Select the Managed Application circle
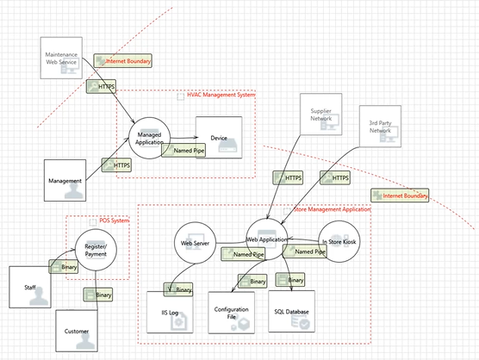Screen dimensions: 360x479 coord(149,137)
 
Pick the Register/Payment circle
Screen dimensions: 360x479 coord(96,250)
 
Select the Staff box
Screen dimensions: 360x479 coord(30,286)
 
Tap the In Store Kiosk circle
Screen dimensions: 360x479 coord(338,242)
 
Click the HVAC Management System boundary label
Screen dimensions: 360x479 coord(221,95)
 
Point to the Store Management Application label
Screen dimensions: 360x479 coord(332,209)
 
